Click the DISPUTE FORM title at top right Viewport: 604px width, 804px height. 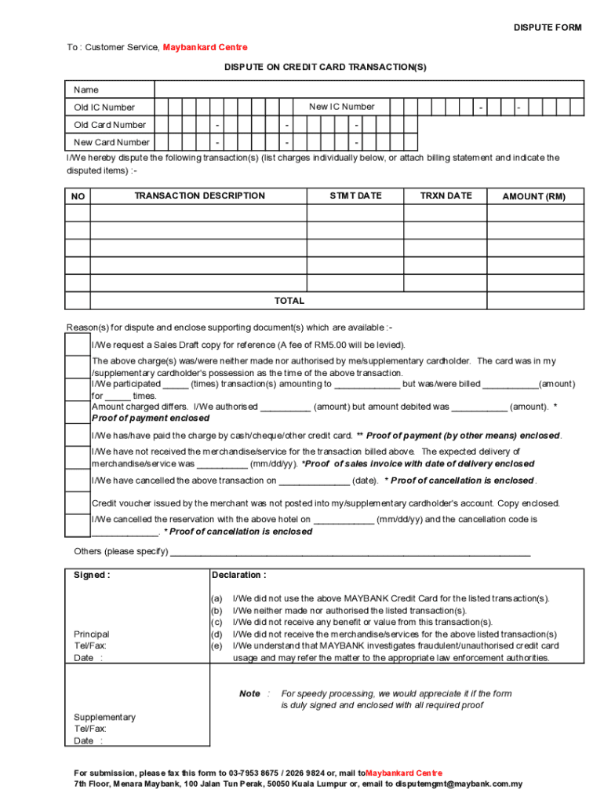pyautogui.click(x=548, y=27)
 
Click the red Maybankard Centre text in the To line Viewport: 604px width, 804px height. pyautogui.click(x=205, y=48)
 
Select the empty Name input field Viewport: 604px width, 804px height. pyautogui.click(x=369, y=90)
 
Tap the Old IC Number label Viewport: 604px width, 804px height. pyautogui.click(x=104, y=108)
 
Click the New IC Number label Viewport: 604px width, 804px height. pyautogui.click(x=342, y=107)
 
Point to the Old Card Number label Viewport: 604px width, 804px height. pyautogui.click(x=110, y=125)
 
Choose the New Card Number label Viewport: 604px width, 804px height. pyautogui.click(x=111, y=143)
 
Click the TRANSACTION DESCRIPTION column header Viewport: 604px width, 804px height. pyautogui.click(x=199, y=196)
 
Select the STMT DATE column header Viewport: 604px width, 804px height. pyautogui.click(x=355, y=196)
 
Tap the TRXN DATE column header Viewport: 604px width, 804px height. pyautogui.click(x=446, y=196)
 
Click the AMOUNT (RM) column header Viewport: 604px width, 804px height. pyautogui.click(x=533, y=196)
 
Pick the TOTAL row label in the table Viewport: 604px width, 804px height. pyautogui.click(x=289, y=301)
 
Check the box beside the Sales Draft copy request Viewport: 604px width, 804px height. pyautogui.click(x=78, y=345)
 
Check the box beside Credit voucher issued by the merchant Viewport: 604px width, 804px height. pyautogui.click(x=78, y=502)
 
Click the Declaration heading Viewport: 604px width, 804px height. pyautogui.click(x=238, y=576)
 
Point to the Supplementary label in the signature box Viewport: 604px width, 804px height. pyautogui.click(x=104, y=718)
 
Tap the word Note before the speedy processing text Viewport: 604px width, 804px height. pyautogui.click(x=249, y=694)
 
